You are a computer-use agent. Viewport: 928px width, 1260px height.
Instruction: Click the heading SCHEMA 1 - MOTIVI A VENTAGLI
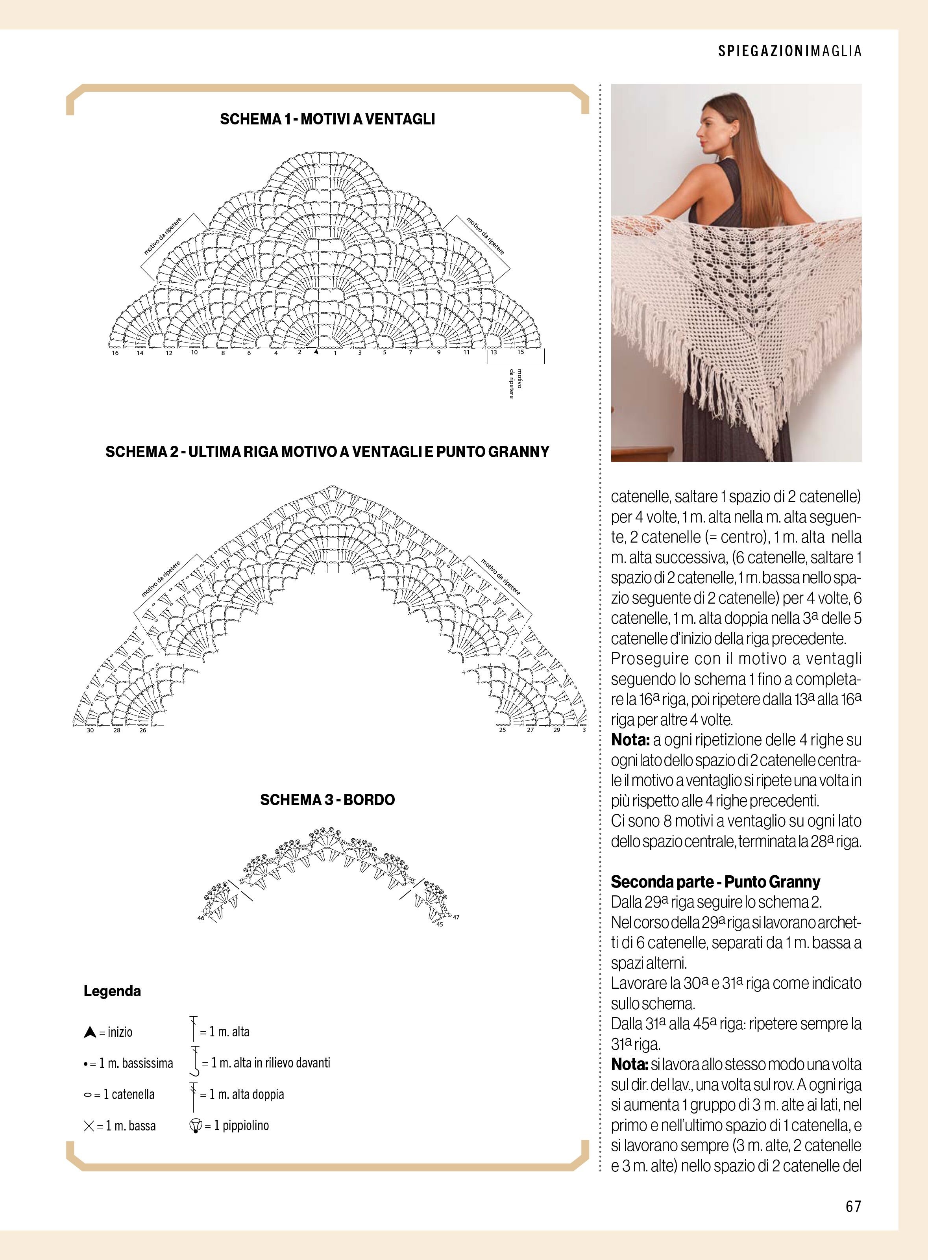[x=327, y=119]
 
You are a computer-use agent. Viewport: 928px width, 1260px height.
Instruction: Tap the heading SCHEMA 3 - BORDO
[x=327, y=800]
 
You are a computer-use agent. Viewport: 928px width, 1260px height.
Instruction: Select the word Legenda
[x=112, y=991]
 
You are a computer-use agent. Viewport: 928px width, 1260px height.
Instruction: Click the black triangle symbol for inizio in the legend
[x=89, y=1032]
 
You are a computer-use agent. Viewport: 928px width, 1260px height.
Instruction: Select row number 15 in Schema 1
[x=520, y=352]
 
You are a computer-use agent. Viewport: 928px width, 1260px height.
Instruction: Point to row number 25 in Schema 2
[x=502, y=730]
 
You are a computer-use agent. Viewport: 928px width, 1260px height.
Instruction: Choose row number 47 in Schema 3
[x=456, y=917]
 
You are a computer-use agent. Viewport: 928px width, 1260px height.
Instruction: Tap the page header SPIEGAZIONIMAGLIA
[x=789, y=51]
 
